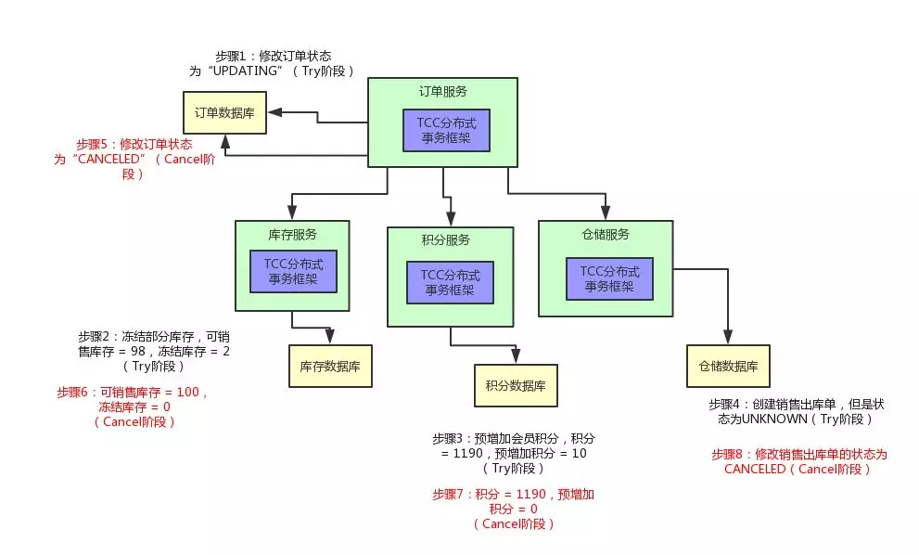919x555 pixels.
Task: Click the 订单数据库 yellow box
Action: tap(223, 112)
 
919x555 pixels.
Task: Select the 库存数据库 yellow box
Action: tap(329, 367)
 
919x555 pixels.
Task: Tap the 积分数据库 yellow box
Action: tap(516, 385)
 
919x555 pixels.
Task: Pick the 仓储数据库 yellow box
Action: tap(728, 366)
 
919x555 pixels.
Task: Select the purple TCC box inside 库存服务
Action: tap(293, 271)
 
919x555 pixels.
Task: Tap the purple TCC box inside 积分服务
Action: tap(450, 281)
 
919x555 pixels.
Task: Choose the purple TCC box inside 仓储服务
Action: tap(609, 278)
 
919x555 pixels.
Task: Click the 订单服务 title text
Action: tap(442, 91)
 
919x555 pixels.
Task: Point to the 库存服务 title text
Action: tap(291, 233)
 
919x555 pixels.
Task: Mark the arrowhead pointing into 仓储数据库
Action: tap(728, 338)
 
